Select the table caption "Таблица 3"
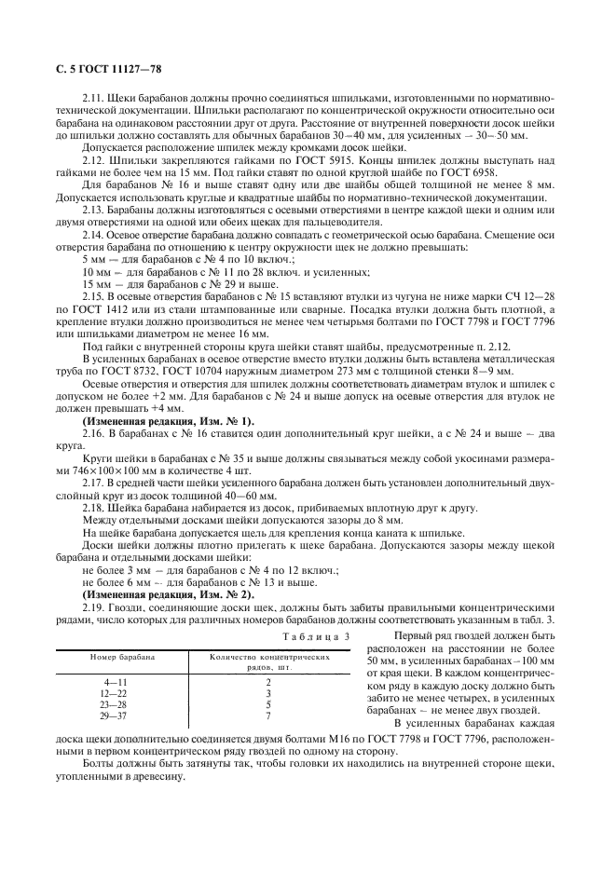tap(315, 635)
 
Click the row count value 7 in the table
tap(268, 715)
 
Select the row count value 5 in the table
tap(268, 705)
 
